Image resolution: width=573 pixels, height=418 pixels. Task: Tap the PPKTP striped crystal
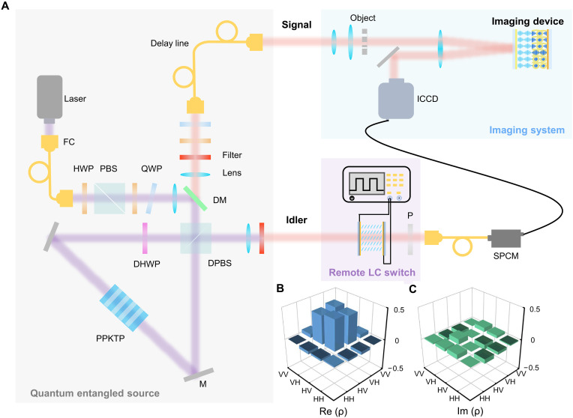click(x=124, y=308)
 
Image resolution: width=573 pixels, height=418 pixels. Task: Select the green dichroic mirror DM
click(x=195, y=199)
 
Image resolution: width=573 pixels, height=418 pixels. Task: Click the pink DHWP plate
click(x=145, y=238)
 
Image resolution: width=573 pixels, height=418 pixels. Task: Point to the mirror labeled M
click(x=199, y=375)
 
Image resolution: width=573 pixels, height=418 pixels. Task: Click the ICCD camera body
click(x=396, y=99)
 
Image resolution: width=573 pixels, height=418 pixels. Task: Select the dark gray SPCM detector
click(x=506, y=238)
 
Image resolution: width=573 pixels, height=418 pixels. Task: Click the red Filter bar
click(x=195, y=157)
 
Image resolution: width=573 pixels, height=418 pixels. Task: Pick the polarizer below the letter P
click(x=410, y=239)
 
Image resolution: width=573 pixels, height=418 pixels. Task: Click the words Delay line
click(x=169, y=43)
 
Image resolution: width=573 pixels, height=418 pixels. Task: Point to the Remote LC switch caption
click(x=372, y=273)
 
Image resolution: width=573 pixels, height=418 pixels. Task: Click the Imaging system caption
click(x=526, y=130)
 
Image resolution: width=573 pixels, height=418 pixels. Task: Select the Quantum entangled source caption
click(x=94, y=393)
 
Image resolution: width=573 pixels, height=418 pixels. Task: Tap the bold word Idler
click(x=296, y=219)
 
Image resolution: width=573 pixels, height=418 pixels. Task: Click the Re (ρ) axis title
click(x=333, y=411)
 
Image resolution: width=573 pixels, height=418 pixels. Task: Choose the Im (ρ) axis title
click(x=470, y=411)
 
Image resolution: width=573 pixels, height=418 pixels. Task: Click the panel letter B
click(x=280, y=288)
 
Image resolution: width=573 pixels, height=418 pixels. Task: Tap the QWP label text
click(x=151, y=169)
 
